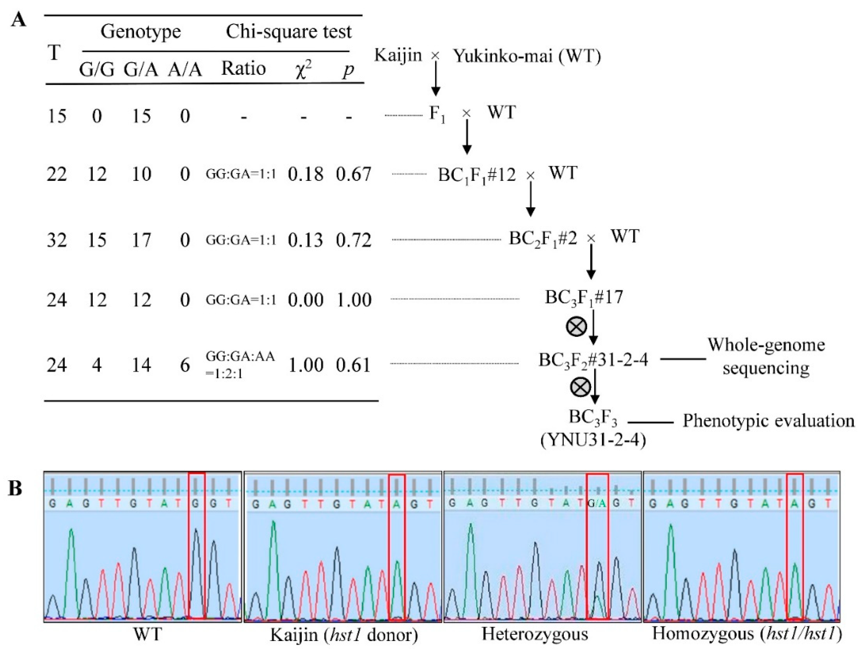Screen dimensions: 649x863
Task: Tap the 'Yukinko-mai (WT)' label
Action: [527, 57]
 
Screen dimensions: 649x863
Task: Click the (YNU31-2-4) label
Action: [593, 440]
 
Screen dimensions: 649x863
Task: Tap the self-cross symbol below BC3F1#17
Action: [576, 326]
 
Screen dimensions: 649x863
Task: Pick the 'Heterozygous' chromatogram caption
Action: [535, 634]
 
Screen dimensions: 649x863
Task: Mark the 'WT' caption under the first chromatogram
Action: [147, 634]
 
